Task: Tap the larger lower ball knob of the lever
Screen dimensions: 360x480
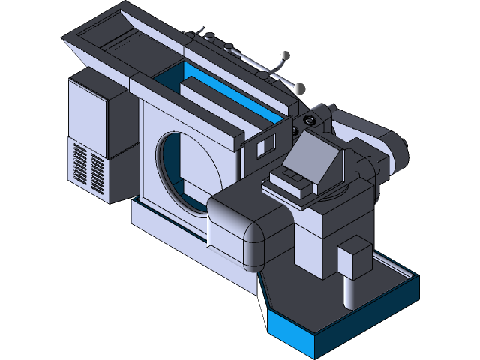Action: [x=301, y=89]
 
